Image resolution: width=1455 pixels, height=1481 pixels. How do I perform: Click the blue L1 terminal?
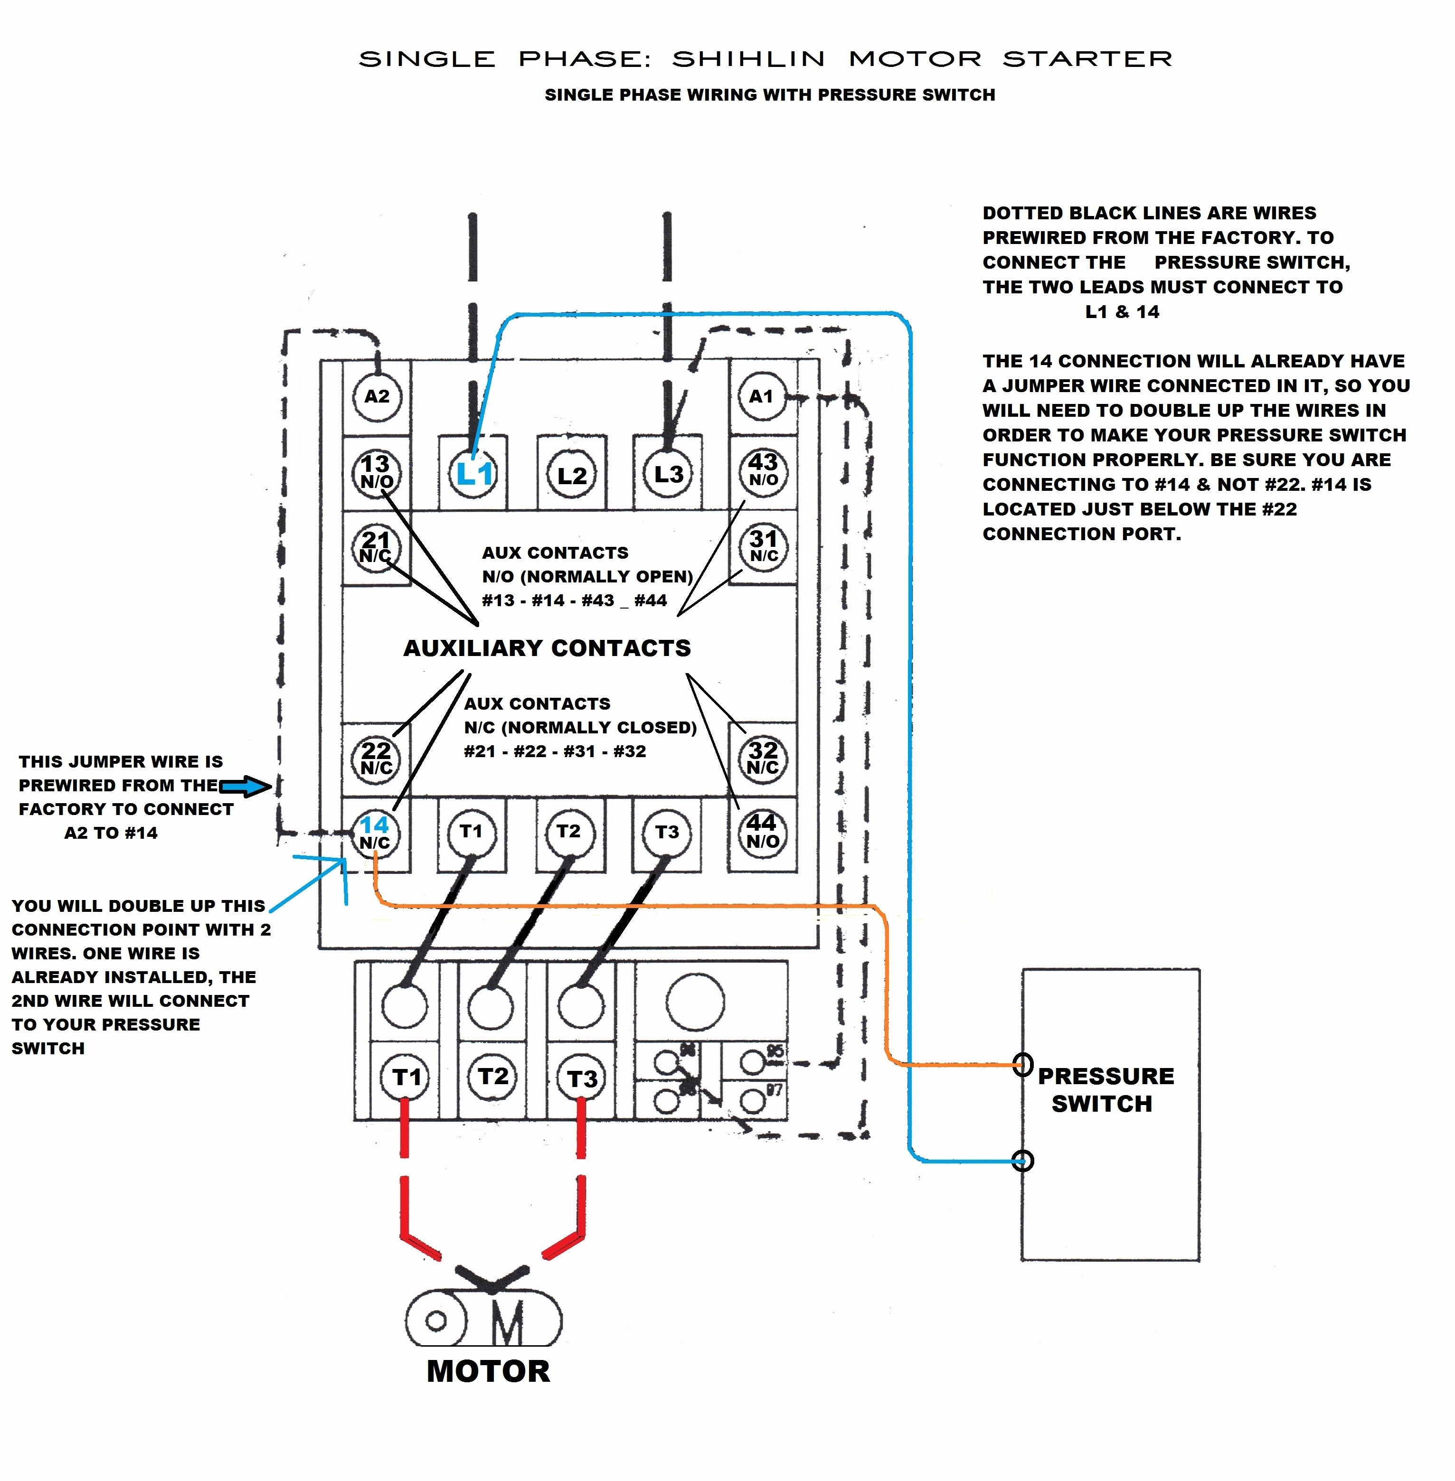[474, 474]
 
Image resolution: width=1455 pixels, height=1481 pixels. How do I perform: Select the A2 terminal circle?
[377, 396]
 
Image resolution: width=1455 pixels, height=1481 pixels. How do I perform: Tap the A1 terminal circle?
[762, 396]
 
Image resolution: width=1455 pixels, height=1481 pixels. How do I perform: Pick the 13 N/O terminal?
[376, 472]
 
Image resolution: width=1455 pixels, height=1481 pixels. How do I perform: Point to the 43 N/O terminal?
[763, 470]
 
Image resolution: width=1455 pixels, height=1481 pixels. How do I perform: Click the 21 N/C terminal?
[376, 547]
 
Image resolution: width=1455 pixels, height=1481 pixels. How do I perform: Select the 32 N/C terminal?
[763, 758]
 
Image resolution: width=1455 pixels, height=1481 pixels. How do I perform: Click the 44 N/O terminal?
[763, 831]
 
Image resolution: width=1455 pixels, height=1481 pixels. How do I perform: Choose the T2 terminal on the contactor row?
[568, 832]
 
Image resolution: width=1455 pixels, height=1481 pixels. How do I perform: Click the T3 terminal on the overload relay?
[582, 1078]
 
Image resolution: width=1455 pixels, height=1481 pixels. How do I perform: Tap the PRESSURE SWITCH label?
[1105, 1090]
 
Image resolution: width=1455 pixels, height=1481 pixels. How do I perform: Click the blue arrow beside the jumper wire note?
[246, 786]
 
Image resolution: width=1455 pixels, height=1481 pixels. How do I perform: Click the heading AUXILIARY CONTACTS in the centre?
[547, 648]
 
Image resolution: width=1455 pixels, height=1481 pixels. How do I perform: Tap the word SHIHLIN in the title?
[749, 59]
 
